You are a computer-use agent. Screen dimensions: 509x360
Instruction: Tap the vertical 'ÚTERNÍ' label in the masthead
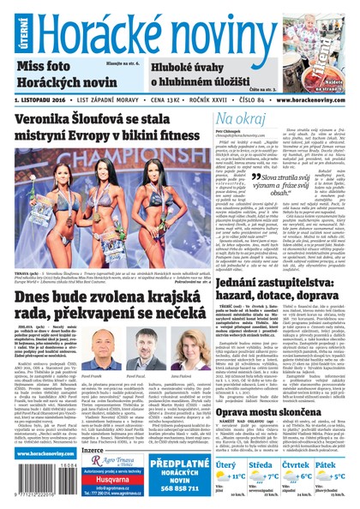point(10,28)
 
